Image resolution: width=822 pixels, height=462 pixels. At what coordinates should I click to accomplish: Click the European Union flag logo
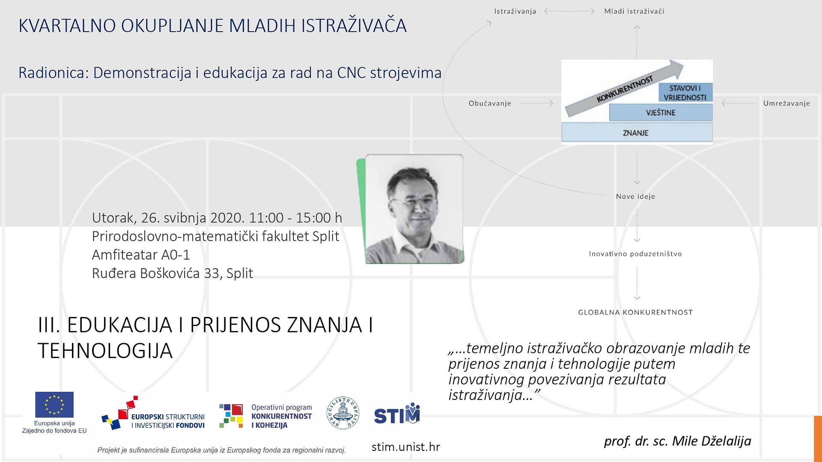point(54,404)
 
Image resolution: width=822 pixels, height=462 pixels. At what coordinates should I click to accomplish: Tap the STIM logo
point(397,414)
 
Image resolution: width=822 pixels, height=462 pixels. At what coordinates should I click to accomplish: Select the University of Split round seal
point(342,413)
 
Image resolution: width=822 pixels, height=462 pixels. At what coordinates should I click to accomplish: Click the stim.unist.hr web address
point(405,447)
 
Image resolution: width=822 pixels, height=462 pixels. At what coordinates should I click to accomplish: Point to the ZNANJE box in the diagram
point(637,132)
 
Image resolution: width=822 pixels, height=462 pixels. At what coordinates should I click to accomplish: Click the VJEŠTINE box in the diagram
point(661,113)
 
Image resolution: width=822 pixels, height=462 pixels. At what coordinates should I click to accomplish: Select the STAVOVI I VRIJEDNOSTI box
point(685,92)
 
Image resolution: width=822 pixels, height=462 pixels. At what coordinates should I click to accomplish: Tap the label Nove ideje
point(635,196)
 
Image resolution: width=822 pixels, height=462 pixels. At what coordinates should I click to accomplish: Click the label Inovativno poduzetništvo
point(635,254)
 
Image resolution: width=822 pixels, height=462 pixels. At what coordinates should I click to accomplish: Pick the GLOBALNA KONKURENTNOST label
point(635,312)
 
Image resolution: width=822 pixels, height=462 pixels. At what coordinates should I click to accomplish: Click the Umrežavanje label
point(786,104)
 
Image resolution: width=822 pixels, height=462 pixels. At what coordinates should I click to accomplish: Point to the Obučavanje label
point(490,104)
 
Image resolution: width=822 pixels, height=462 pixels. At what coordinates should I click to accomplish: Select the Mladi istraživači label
point(634,11)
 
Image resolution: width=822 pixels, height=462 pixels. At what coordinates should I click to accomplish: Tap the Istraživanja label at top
point(515,11)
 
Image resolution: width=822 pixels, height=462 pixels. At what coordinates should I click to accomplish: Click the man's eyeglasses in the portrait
point(414,201)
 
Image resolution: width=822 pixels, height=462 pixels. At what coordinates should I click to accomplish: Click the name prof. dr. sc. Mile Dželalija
point(677,441)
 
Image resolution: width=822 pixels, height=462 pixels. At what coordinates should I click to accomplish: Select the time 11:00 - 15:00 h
point(295,218)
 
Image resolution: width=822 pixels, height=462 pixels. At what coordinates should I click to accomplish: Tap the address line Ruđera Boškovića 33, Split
point(173,273)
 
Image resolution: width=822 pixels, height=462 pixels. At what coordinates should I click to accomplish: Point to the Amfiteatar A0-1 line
point(141,255)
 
